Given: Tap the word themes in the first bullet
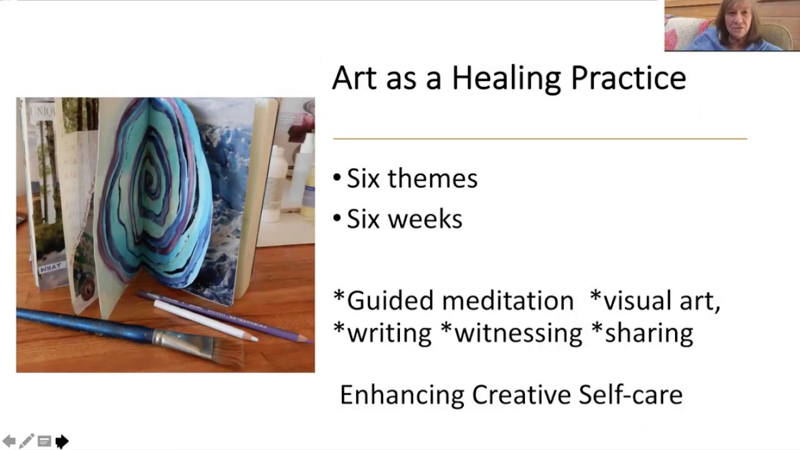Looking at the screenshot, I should (x=432, y=179).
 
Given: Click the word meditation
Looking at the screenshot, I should (x=507, y=301).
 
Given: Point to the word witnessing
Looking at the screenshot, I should (x=519, y=333).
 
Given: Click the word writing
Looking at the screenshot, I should (x=389, y=333).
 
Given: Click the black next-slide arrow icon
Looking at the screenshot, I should (x=61, y=442).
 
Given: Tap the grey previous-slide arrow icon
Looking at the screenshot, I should (x=9, y=442).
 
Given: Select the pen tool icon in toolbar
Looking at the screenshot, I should (x=26, y=442).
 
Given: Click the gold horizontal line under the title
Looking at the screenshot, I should (x=540, y=139).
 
